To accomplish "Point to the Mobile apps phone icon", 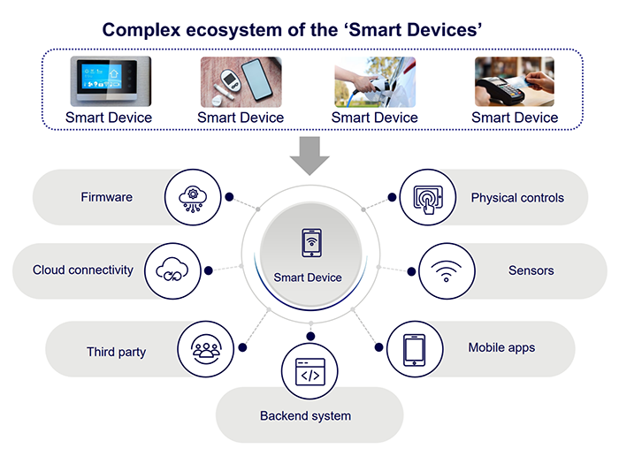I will pyautogui.click(x=414, y=348).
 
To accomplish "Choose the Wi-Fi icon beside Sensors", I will pyautogui.click(x=446, y=270).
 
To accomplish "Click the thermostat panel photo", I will pyautogui.click(x=111, y=82).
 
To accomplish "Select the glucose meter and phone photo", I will pyautogui.click(x=240, y=82).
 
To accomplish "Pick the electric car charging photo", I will pyautogui.click(x=374, y=82).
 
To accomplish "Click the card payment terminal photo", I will pyautogui.click(x=514, y=82).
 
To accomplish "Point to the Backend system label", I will pyautogui.click(x=305, y=415).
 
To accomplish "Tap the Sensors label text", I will pyautogui.click(x=531, y=270).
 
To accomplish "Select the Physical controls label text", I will pyautogui.click(x=516, y=198).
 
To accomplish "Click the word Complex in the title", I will pyautogui.click(x=141, y=30).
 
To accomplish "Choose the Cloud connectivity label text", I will pyautogui.click(x=83, y=270).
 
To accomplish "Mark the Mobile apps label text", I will pyautogui.click(x=501, y=348).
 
